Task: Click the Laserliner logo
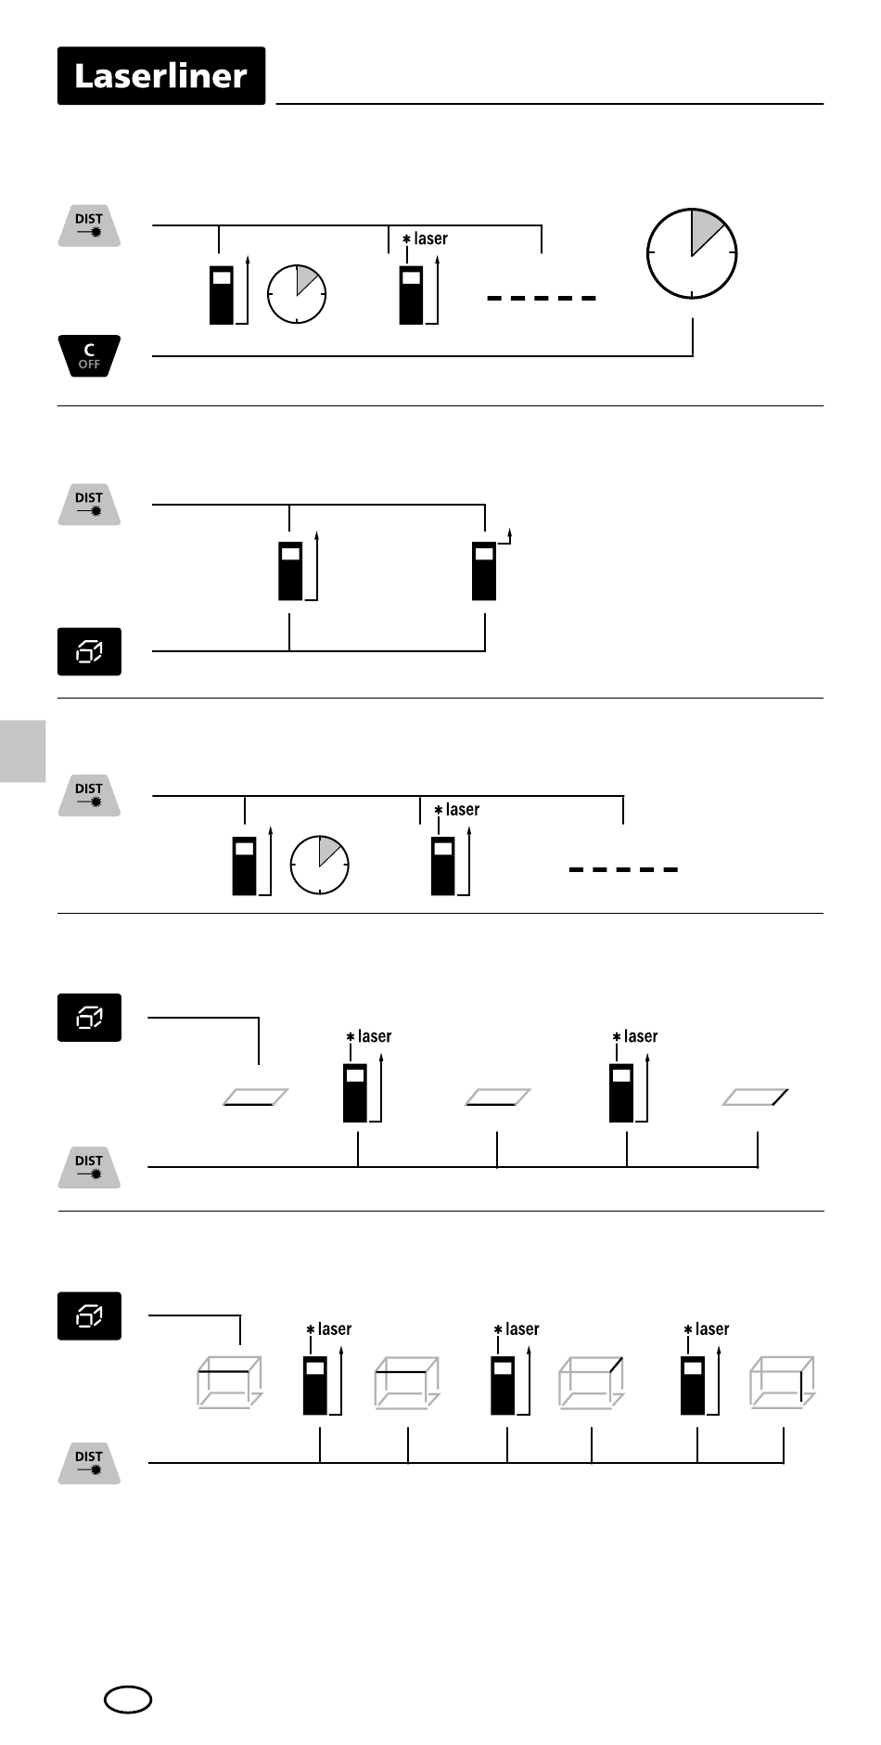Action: (x=161, y=76)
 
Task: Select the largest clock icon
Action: (x=691, y=253)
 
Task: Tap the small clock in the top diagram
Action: (x=297, y=293)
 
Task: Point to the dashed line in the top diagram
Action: (x=542, y=298)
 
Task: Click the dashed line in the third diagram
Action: (x=623, y=869)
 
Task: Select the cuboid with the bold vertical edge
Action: (x=782, y=1383)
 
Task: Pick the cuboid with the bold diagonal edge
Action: (x=591, y=1383)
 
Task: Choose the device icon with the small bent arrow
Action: (x=484, y=570)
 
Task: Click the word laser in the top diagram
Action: (x=430, y=238)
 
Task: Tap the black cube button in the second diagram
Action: (x=89, y=651)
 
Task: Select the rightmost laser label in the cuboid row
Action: (x=712, y=1328)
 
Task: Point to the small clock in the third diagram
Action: (x=320, y=865)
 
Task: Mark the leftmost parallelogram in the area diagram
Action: (x=256, y=1097)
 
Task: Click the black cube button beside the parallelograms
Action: (x=89, y=1018)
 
